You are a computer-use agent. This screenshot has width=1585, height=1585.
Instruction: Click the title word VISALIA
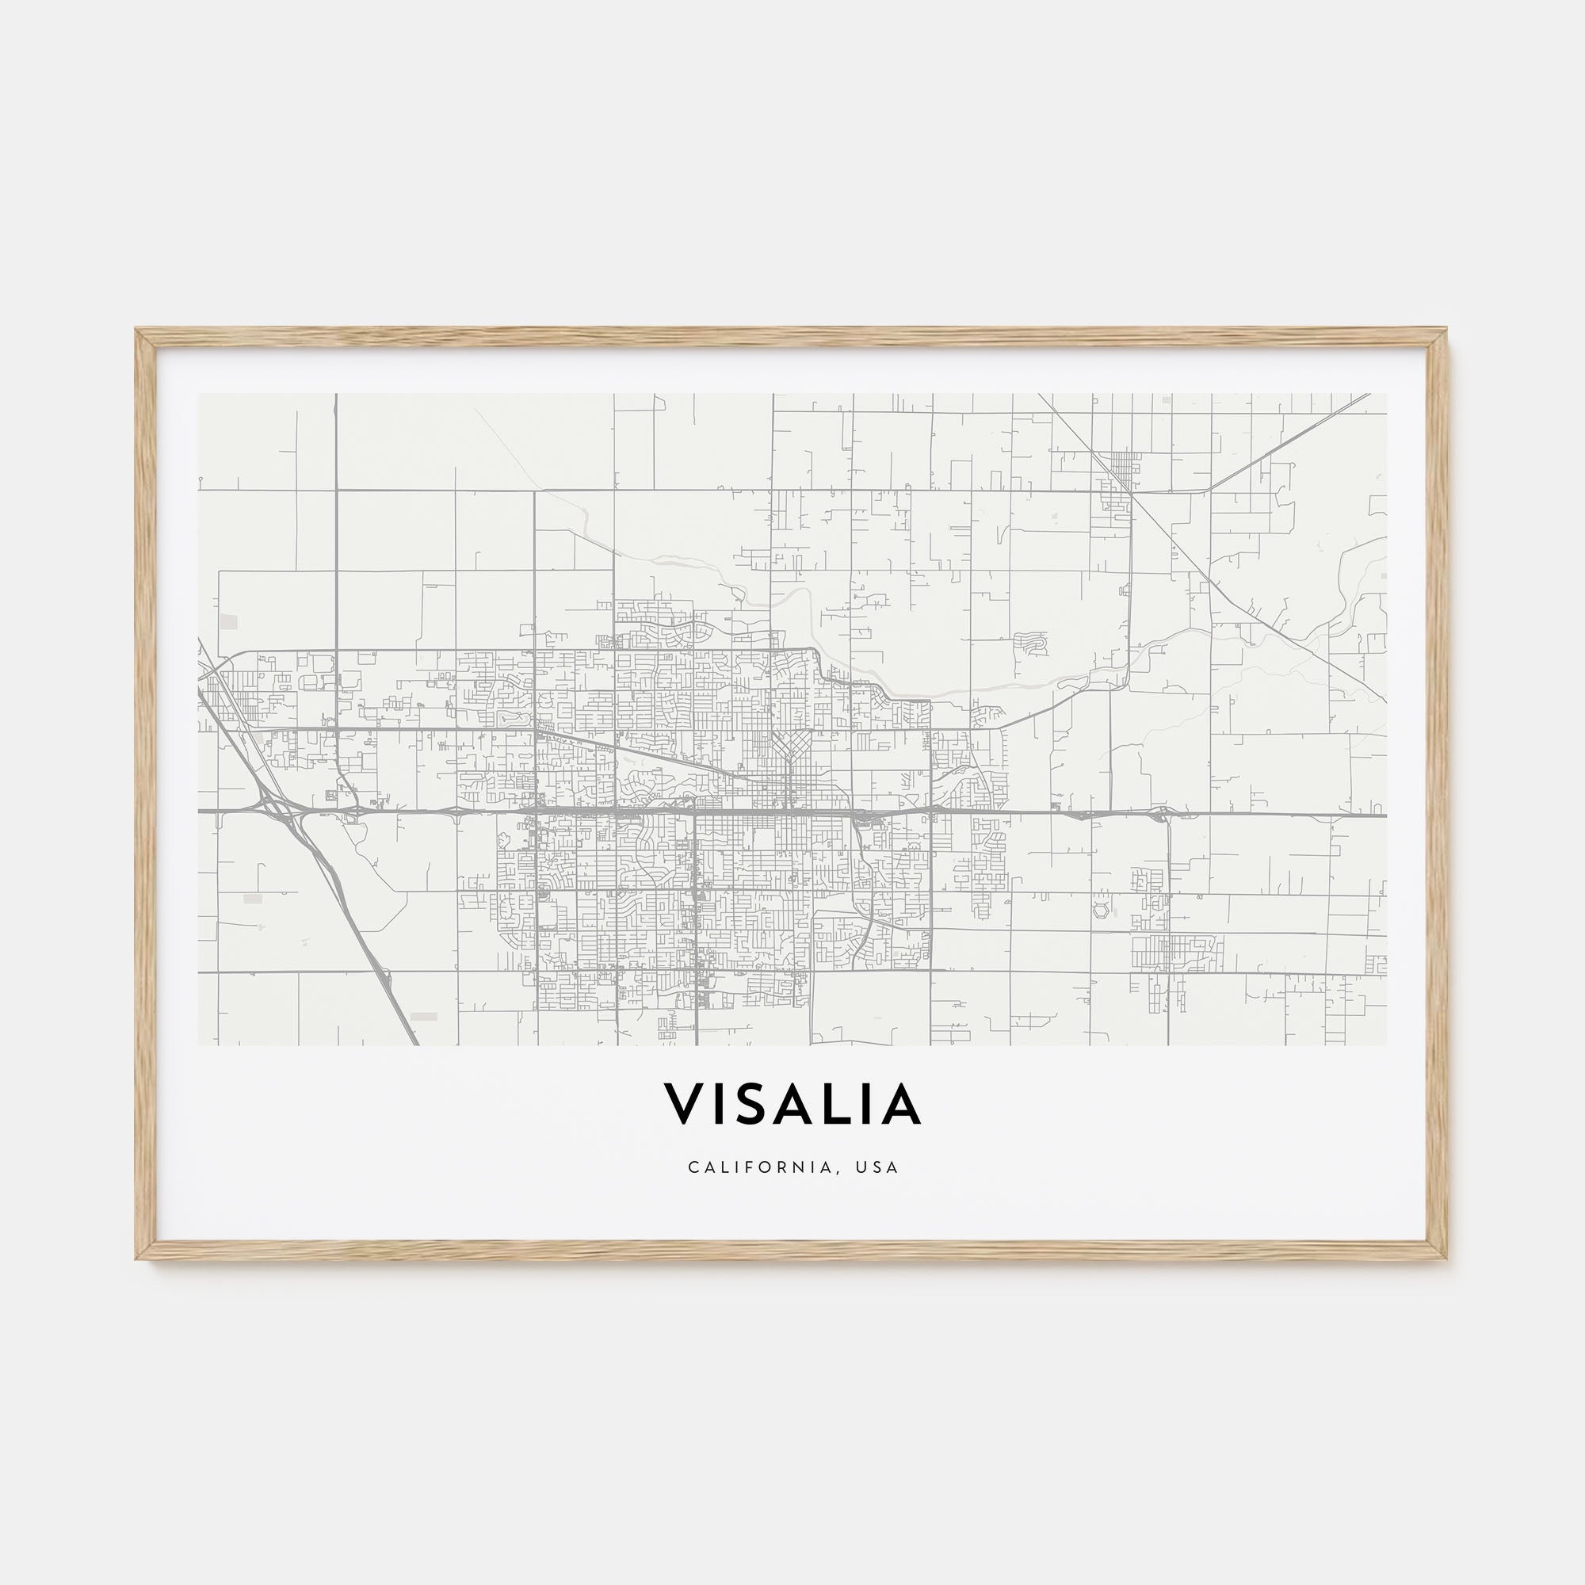[x=792, y=1105]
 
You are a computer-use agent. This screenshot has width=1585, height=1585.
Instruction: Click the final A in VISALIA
[x=900, y=1105]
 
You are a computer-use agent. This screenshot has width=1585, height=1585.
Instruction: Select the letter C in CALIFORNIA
[x=693, y=1167]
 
